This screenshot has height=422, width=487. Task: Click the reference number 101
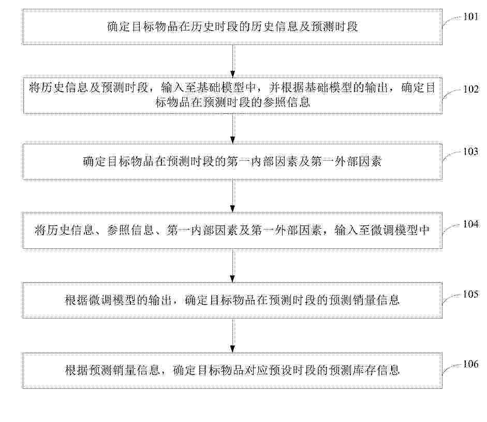tap(471, 17)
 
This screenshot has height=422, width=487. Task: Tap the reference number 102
tap(471, 89)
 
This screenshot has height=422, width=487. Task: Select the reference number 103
tap(471, 152)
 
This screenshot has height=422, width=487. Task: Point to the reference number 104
tap(471, 224)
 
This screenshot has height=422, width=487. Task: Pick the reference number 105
tap(471, 294)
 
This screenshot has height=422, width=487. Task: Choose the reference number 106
tap(471, 364)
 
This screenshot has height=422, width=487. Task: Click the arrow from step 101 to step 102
tap(233, 61)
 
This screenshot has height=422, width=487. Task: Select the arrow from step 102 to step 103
tap(233, 129)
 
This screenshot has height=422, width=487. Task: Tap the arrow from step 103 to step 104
tap(233, 197)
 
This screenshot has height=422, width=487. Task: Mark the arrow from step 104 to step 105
tap(233, 266)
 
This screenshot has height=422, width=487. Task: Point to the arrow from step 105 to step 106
tap(233, 336)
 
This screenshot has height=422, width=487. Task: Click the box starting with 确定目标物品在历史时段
tap(232, 27)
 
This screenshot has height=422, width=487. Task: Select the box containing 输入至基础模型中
tap(232, 96)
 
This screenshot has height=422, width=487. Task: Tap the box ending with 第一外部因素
tap(232, 162)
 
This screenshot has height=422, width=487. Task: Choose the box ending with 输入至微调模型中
tap(232, 231)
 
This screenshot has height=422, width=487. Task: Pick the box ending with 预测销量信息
tap(232, 300)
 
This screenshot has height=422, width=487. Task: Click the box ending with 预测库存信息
tap(232, 370)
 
